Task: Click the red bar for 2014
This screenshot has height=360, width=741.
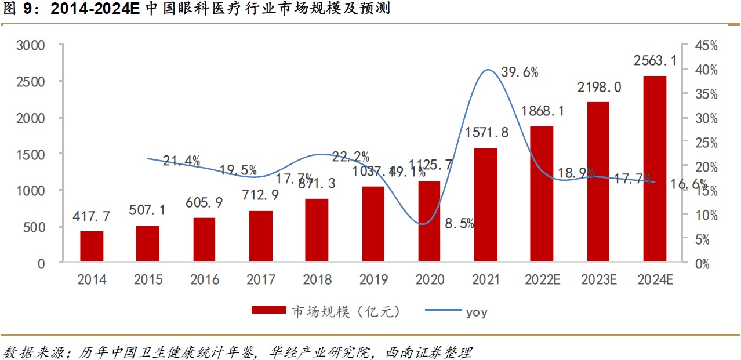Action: (92, 247)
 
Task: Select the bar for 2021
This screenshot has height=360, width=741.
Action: (486, 205)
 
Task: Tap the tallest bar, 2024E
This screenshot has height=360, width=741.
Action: (655, 169)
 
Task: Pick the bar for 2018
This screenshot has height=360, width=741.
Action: (317, 231)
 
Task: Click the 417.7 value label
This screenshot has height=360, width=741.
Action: (92, 217)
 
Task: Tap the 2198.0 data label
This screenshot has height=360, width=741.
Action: (599, 88)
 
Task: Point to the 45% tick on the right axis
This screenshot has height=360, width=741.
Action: (706, 45)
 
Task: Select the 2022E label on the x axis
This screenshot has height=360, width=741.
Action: (542, 280)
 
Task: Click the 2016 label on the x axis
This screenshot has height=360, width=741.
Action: (205, 280)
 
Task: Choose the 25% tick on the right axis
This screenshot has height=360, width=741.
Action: (706, 142)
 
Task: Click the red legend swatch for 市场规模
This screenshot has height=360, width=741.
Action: (268, 311)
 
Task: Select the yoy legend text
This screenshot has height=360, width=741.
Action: (477, 312)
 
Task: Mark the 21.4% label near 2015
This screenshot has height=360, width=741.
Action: (181, 161)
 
